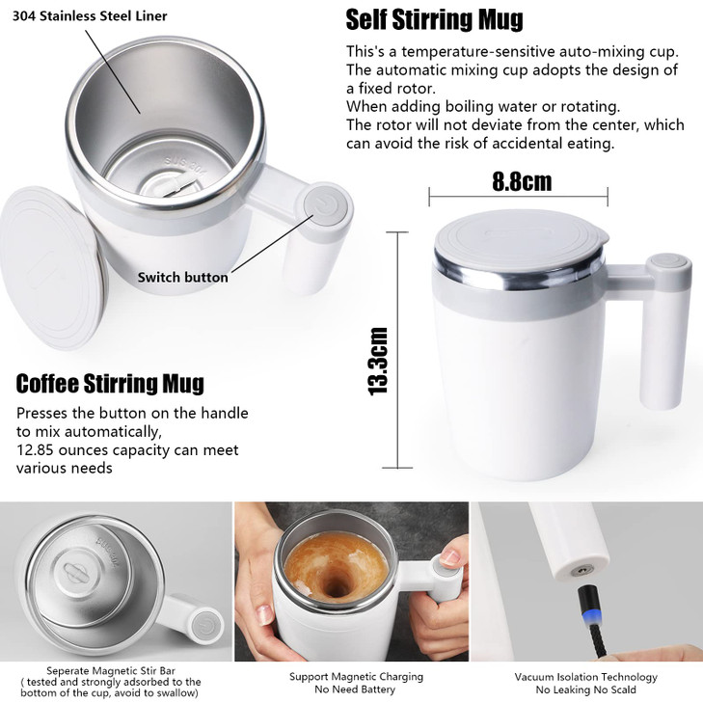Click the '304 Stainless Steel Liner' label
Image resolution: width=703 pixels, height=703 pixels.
(x=90, y=16)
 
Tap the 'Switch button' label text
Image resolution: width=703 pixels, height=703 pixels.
(x=182, y=278)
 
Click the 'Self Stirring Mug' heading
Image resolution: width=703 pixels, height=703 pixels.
(x=434, y=19)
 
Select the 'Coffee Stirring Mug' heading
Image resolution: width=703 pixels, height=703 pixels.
(x=110, y=384)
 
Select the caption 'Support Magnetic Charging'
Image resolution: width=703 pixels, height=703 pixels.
(x=356, y=677)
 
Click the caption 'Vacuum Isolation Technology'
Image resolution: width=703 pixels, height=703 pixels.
(x=585, y=677)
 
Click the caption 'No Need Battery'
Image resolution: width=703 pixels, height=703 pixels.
(x=356, y=690)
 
